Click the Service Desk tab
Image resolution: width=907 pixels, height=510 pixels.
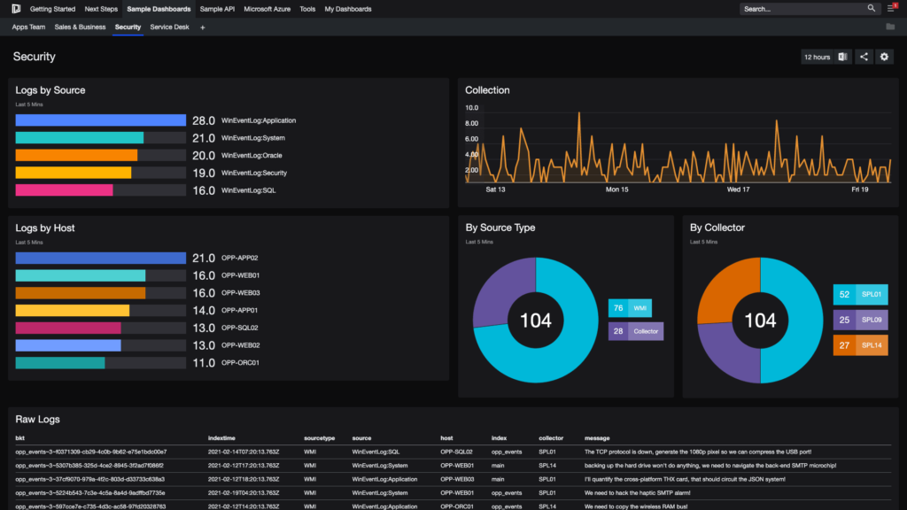coord(169,27)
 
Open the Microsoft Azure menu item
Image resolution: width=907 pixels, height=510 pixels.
coord(268,9)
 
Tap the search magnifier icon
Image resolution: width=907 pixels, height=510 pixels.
coord(871,9)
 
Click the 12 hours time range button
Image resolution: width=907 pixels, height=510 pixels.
coord(817,57)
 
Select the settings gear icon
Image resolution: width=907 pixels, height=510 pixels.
coord(884,57)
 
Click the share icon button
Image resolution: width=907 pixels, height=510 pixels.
coord(864,57)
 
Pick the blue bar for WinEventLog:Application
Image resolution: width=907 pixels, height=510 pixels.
coord(100,120)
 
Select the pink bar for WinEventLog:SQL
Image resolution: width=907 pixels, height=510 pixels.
coord(64,190)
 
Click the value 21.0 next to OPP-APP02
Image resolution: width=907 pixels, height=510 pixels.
coord(204,259)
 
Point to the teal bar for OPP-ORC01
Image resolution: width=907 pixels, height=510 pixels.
coord(60,363)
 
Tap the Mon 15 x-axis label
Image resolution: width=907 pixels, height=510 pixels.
coord(616,189)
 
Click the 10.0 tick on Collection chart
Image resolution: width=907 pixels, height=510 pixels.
coord(472,108)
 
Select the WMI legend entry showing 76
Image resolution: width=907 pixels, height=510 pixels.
coord(630,308)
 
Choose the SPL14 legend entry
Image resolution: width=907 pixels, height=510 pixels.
coord(860,345)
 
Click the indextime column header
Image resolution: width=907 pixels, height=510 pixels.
coord(221,438)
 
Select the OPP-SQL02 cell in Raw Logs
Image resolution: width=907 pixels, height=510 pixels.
coord(456,452)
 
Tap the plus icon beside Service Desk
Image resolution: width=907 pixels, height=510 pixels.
coord(202,27)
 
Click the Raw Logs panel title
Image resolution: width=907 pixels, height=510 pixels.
coord(37,419)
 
